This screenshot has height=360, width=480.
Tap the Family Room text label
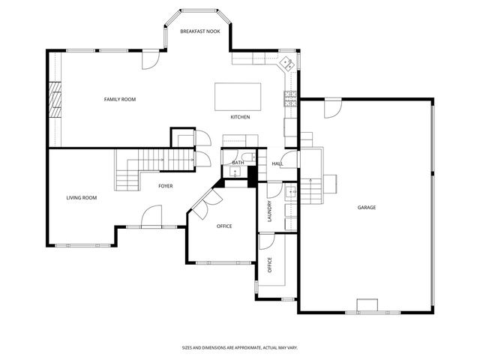coord(119,99)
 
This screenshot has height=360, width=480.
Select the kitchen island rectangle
coord(238,96)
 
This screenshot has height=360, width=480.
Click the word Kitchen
coord(240,117)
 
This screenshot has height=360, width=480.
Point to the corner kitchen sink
coord(286,64)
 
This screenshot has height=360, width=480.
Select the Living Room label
coord(82,198)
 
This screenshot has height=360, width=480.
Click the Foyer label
coord(166,185)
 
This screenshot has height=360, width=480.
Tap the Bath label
coord(238,163)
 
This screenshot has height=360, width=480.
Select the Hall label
coord(277,163)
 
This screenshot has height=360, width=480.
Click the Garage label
coord(366,207)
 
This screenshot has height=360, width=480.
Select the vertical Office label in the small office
coord(269,265)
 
